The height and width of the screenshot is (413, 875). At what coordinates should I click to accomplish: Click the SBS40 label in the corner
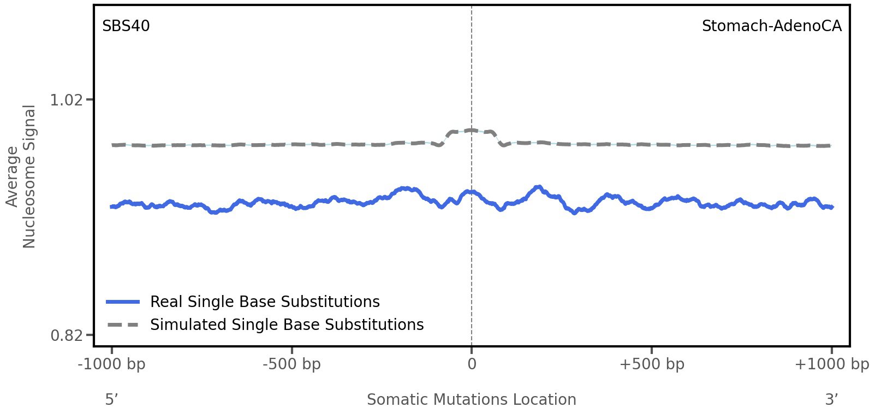coord(126,26)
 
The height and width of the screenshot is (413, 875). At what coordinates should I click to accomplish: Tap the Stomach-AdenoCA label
coord(771,26)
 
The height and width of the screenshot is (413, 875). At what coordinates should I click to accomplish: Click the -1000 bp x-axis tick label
coord(112,364)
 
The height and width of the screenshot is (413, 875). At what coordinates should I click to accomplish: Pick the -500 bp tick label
coord(291,364)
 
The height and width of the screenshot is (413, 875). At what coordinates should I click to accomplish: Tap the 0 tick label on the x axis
coord(472,364)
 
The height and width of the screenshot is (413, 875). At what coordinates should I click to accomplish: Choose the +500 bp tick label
coord(652,364)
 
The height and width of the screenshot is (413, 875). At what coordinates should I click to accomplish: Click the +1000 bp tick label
coord(831,364)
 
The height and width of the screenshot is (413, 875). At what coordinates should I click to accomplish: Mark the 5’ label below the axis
coord(111,399)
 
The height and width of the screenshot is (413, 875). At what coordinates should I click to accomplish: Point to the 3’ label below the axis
coord(831,399)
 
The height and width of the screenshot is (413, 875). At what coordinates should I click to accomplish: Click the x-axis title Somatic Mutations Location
coord(472,399)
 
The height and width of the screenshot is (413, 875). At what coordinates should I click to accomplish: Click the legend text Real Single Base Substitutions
coord(265,302)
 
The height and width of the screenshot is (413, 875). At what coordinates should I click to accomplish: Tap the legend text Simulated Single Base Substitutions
coord(287,325)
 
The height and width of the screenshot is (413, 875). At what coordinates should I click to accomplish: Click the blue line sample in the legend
coord(123,302)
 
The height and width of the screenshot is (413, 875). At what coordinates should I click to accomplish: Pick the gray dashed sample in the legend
coord(123,325)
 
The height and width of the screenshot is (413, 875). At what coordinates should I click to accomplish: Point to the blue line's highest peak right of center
coord(539,187)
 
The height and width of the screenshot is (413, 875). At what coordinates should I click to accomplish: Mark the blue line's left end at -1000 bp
coord(112,206)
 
